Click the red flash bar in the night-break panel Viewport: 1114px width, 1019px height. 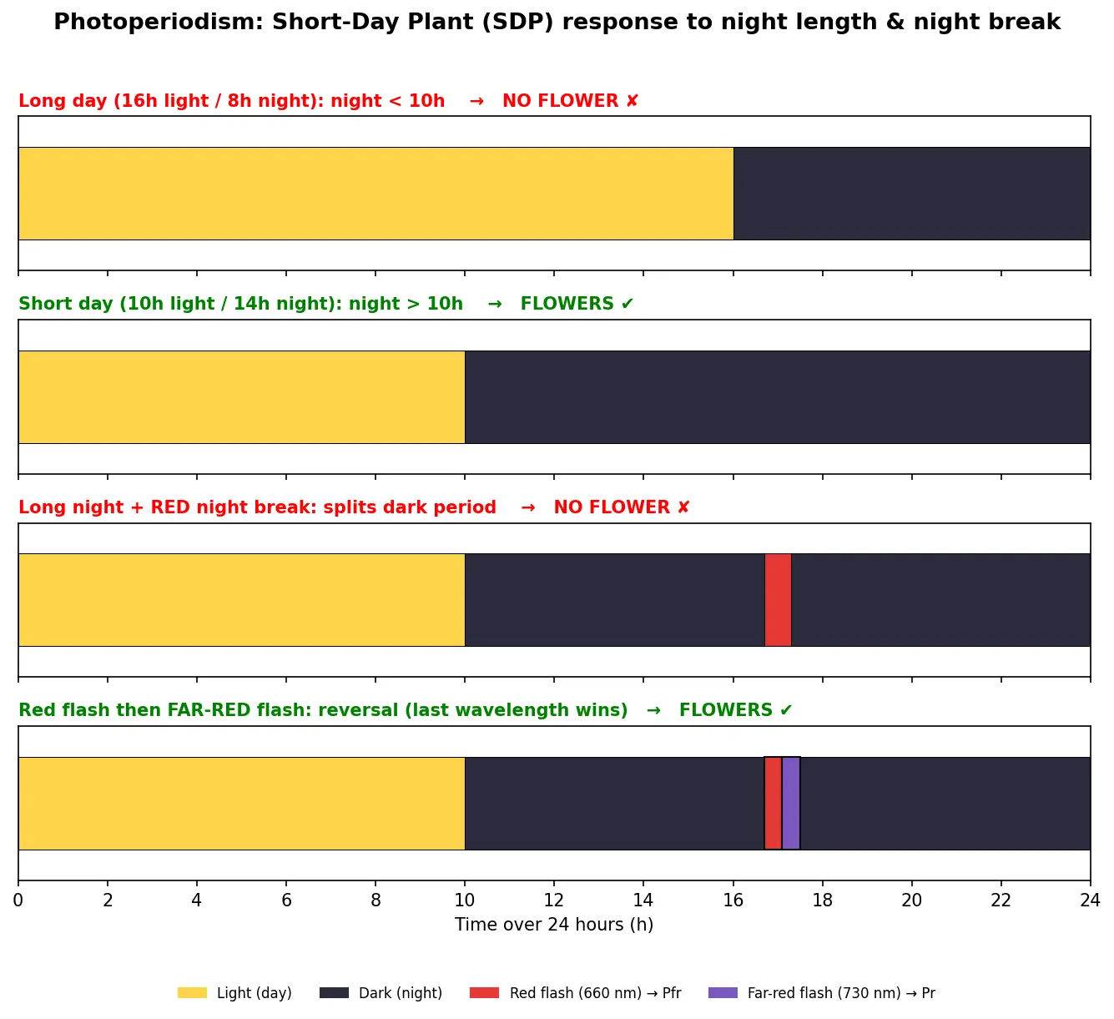(x=778, y=599)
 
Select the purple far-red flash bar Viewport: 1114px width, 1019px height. (x=791, y=803)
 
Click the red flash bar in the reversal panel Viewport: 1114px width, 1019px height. (x=773, y=803)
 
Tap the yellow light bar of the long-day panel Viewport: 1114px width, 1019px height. (x=376, y=194)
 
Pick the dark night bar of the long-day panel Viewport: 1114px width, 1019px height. (x=912, y=194)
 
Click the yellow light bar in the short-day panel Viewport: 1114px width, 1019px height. (x=241, y=396)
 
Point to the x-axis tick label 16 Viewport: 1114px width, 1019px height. (x=733, y=900)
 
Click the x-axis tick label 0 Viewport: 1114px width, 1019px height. (x=18, y=900)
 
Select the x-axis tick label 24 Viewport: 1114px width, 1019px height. (x=1090, y=900)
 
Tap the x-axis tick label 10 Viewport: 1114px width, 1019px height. (x=465, y=900)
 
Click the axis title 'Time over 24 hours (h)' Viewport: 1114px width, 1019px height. (x=554, y=924)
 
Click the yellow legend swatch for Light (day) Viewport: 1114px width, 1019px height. (x=192, y=992)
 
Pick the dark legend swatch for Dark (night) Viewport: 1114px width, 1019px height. (x=335, y=992)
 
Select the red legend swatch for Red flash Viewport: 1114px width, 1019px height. (x=484, y=992)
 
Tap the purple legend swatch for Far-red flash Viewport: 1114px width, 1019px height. (x=723, y=992)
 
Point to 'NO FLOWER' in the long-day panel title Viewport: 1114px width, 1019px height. (x=560, y=101)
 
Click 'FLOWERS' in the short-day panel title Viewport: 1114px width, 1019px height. (x=567, y=304)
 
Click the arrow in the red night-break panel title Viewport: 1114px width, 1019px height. (x=528, y=507)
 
